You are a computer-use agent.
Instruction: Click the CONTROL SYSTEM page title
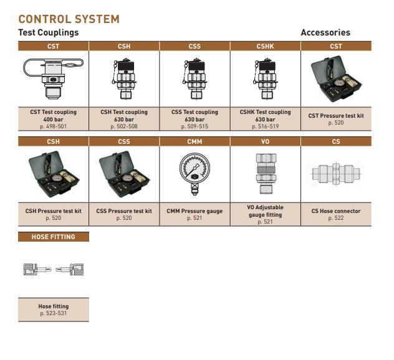(69, 19)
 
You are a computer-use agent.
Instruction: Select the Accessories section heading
(325, 32)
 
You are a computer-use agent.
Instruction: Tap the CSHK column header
(265, 46)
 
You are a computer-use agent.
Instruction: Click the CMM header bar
(195, 141)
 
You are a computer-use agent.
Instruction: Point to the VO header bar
(265, 141)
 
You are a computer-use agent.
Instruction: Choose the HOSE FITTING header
(54, 237)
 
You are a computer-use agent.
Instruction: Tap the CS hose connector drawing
(336, 174)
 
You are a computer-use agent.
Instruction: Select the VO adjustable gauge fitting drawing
(266, 174)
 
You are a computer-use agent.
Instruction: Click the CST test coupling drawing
(53, 78)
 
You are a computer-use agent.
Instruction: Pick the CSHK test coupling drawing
(265, 79)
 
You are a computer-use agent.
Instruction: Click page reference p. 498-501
(53, 126)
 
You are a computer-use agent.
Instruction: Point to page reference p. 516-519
(265, 126)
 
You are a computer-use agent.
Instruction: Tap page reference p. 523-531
(53, 313)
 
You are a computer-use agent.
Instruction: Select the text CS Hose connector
(336, 211)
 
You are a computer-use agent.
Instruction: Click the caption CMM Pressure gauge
(195, 211)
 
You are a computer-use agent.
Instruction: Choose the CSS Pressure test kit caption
(124, 211)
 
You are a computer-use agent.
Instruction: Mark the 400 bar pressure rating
(53, 119)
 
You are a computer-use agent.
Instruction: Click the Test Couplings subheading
(49, 32)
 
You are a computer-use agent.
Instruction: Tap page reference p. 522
(336, 218)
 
